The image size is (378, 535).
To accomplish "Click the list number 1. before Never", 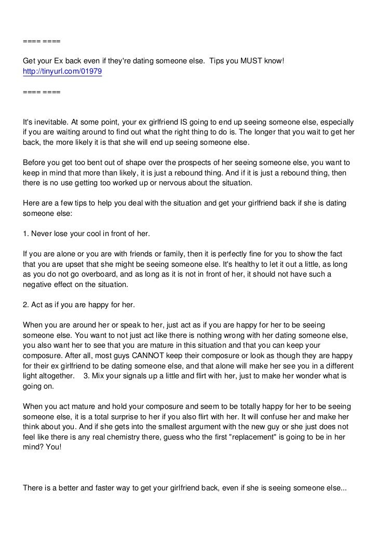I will (26, 234).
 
